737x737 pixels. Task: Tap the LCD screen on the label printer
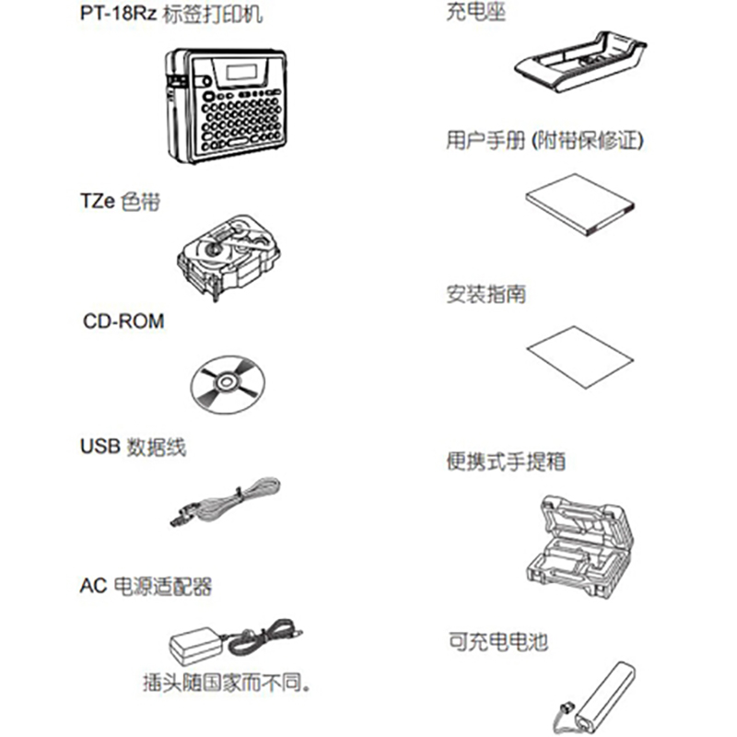point(241,72)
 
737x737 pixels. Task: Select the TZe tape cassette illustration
point(225,248)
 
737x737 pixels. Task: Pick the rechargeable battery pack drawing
point(599,693)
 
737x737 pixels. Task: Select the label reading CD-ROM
point(123,322)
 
